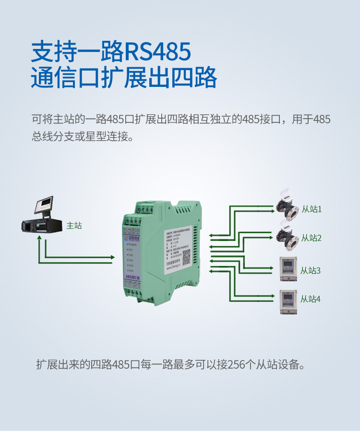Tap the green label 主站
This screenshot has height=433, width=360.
tap(74, 225)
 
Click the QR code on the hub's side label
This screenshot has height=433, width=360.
tap(186, 257)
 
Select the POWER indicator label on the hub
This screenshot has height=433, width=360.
tap(134, 245)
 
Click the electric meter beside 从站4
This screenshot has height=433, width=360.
tap(288, 301)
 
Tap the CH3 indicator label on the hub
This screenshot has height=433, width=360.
tap(131, 260)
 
